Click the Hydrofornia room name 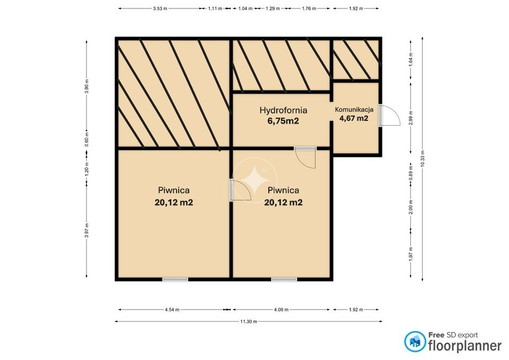click(x=283, y=110)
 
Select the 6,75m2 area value click(x=283, y=121)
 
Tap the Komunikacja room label click(x=354, y=109)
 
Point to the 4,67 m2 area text click(x=354, y=118)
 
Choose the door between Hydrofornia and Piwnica click(x=306, y=158)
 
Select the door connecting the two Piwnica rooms click(x=240, y=190)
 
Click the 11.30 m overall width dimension click(x=249, y=322)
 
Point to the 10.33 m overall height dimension click(x=423, y=159)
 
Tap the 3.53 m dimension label click(x=160, y=9)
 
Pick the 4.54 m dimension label click(x=172, y=310)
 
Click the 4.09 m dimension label click(x=281, y=310)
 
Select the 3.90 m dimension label click(x=86, y=86)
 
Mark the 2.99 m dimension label click(x=410, y=118)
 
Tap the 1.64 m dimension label click(x=410, y=60)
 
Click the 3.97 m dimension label click(x=86, y=231)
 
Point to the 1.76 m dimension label click(x=309, y=9)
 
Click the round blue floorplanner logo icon click(x=415, y=341)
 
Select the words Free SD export click(x=453, y=335)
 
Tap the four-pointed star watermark click(x=255, y=180)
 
